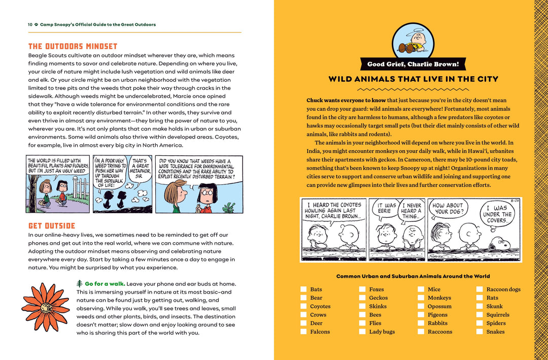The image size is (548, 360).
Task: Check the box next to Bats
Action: click(303, 289)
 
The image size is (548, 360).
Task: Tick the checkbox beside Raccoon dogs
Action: click(479, 289)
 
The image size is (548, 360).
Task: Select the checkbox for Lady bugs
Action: click(362, 332)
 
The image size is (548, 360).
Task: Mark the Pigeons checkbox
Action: click(421, 315)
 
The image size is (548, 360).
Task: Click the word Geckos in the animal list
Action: click(378, 298)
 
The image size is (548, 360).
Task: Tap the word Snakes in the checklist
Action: click(495, 332)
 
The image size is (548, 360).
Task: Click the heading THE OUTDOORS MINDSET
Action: click(73, 46)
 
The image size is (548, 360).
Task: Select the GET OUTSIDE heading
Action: click(52, 225)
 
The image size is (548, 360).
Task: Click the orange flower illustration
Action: click(46, 307)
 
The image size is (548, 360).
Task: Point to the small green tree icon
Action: click(79, 283)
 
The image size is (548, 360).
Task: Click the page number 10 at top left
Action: click(30, 24)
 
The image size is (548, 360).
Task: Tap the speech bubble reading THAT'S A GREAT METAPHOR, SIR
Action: click(140, 170)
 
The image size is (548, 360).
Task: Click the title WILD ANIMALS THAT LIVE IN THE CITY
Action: click(413, 79)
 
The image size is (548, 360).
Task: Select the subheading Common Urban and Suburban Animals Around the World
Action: click(413, 276)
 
